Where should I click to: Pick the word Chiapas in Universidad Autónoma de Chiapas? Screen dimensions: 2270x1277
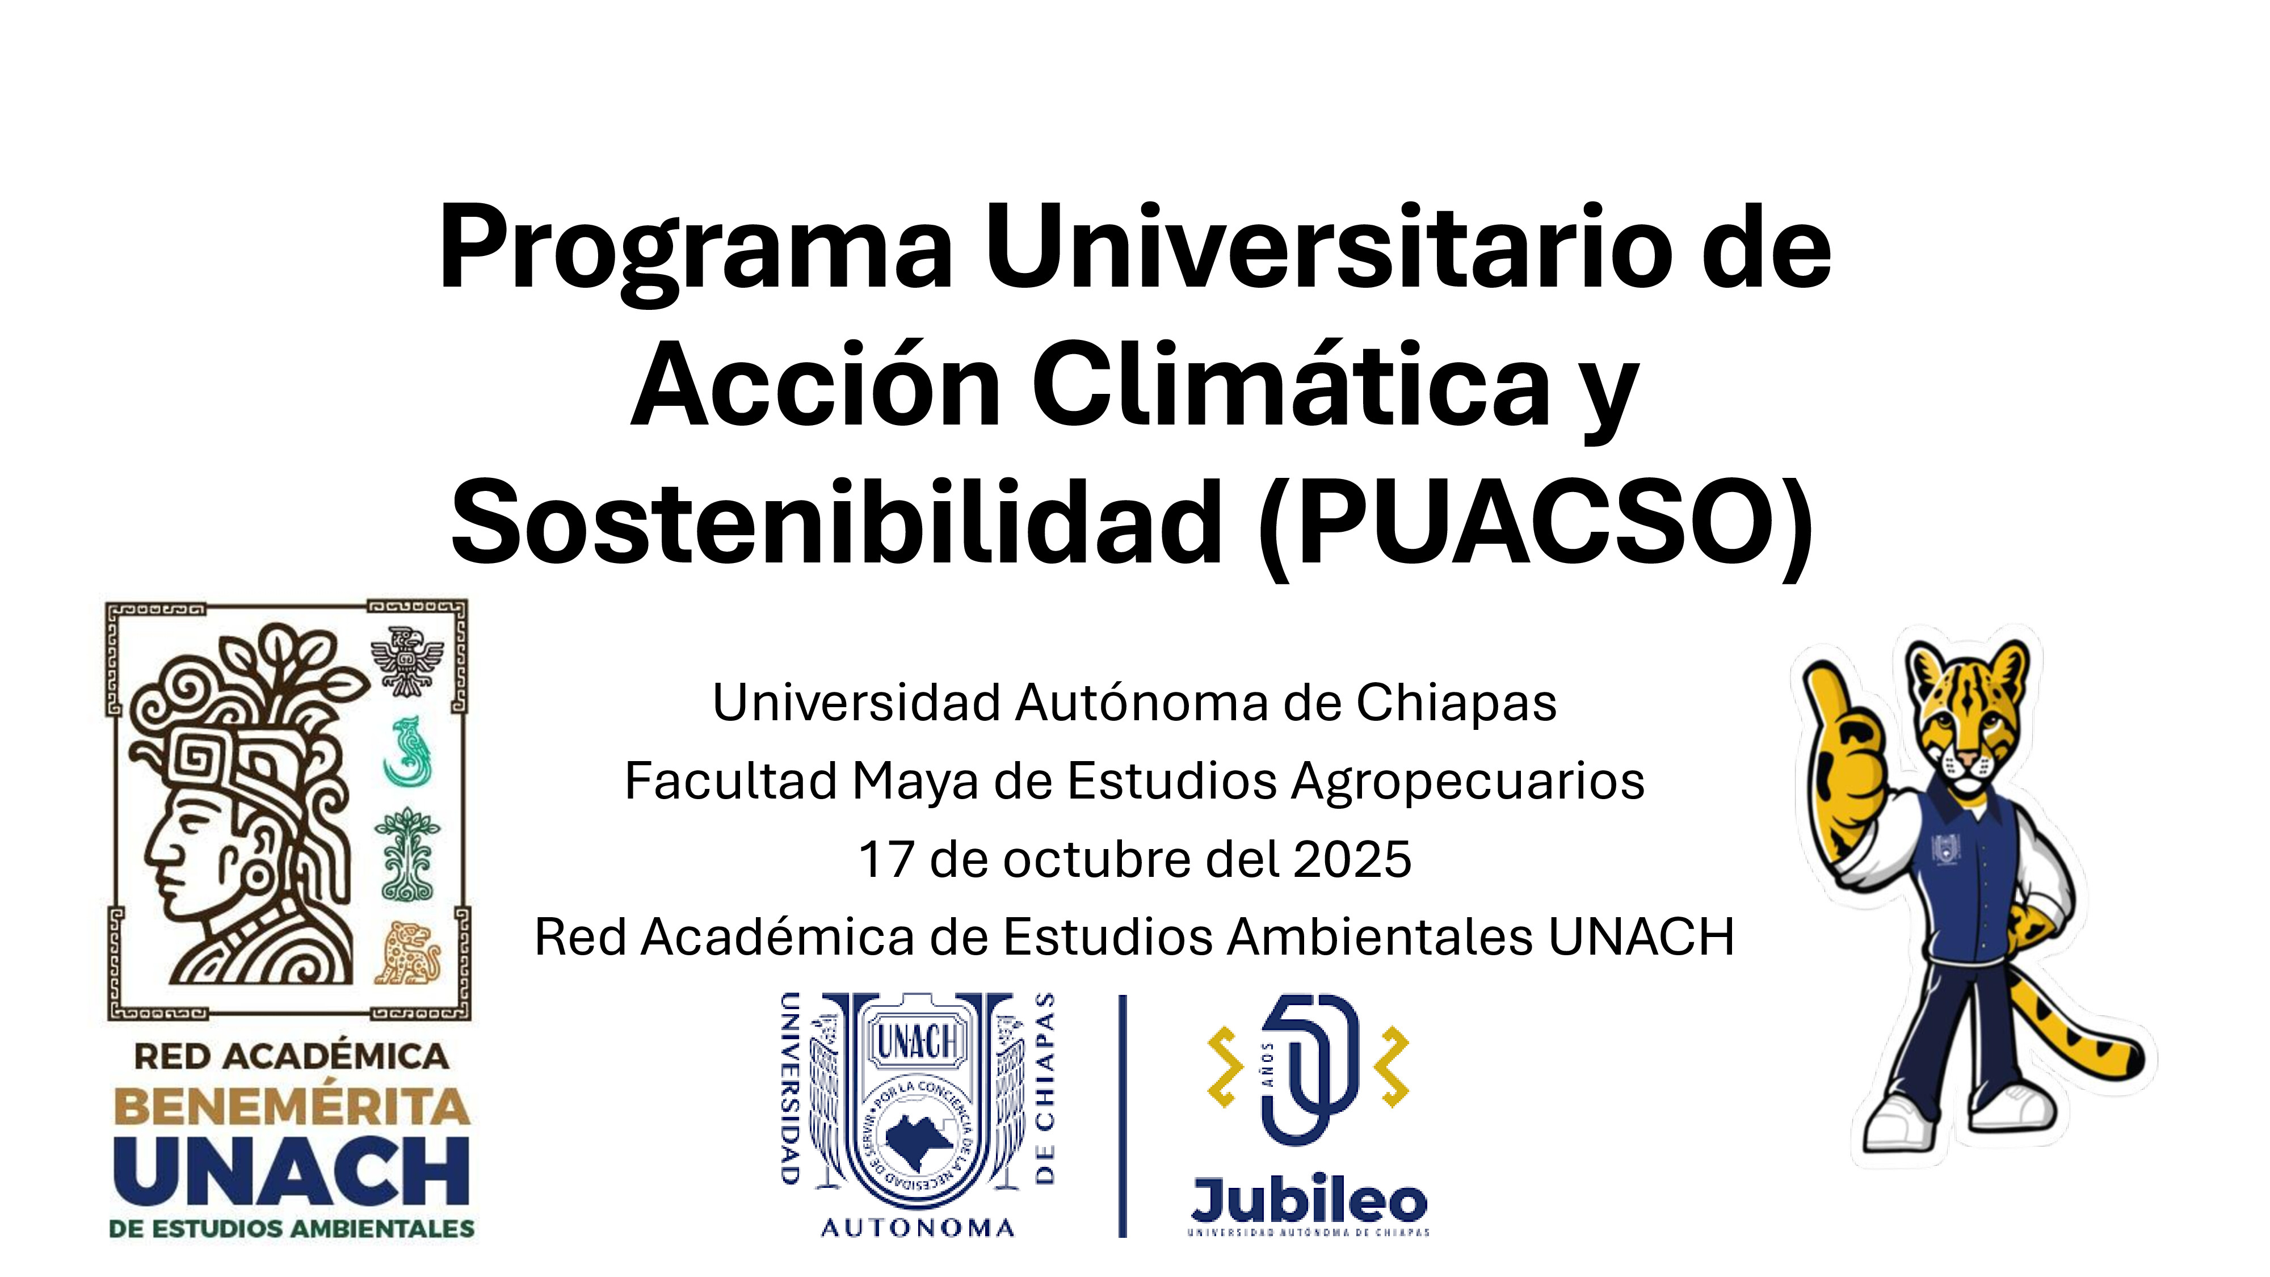(x=1456, y=703)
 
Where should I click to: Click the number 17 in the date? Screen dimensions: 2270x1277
(x=886, y=860)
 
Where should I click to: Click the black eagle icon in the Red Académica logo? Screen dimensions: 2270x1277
(x=406, y=662)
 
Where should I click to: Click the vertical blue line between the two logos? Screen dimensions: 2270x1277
(x=1123, y=1116)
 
